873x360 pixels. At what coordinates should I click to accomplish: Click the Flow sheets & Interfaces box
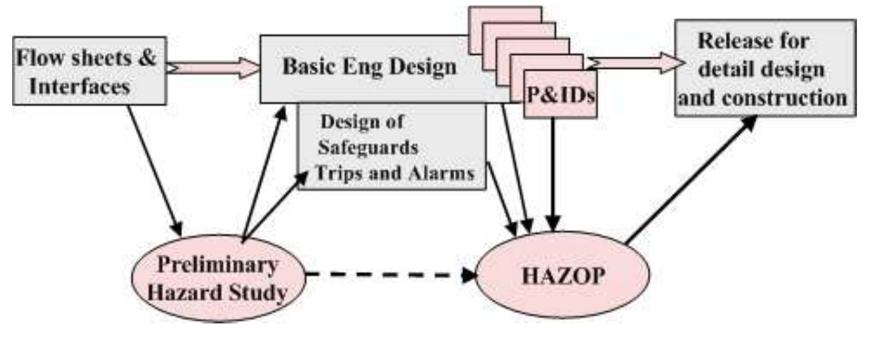pyautogui.click(x=89, y=71)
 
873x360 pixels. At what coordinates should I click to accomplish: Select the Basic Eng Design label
pyautogui.click(x=369, y=66)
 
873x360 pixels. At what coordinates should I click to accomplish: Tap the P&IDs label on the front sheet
pyautogui.click(x=560, y=95)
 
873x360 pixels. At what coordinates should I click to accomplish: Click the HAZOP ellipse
pyautogui.click(x=562, y=275)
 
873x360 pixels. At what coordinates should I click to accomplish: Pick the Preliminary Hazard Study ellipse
pyautogui.click(x=218, y=278)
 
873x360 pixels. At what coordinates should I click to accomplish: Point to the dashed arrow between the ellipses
pyautogui.click(x=388, y=274)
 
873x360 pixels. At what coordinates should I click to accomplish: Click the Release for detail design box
pyautogui.click(x=764, y=68)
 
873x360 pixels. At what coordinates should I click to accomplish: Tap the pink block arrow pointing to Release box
pyautogui.click(x=637, y=63)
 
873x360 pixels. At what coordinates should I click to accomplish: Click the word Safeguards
pyautogui.click(x=368, y=147)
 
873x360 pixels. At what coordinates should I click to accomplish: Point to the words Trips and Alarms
pyautogui.click(x=394, y=173)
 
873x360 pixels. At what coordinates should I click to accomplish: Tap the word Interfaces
pyautogui.click(x=79, y=86)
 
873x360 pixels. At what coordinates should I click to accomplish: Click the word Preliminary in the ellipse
pyautogui.click(x=217, y=264)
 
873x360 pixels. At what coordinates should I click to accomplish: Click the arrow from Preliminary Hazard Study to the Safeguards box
pyautogui.click(x=277, y=205)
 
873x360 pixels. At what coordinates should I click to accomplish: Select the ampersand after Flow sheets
pyautogui.click(x=147, y=58)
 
